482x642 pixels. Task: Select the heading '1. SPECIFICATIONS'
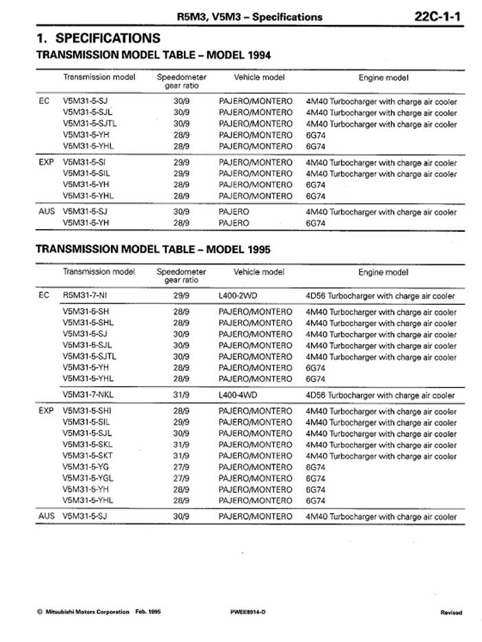click(x=98, y=38)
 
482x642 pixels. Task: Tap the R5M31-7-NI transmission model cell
click(x=85, y=296)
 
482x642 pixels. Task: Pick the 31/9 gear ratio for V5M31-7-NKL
click(x=181, y=396)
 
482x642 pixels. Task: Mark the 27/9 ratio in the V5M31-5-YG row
click(x=181, y=467)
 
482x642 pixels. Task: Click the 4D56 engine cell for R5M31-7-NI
click(x=380, y=296)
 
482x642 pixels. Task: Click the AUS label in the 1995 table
click(x=46, y=515)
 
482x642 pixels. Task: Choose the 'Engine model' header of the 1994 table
click(x=383, y=78)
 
